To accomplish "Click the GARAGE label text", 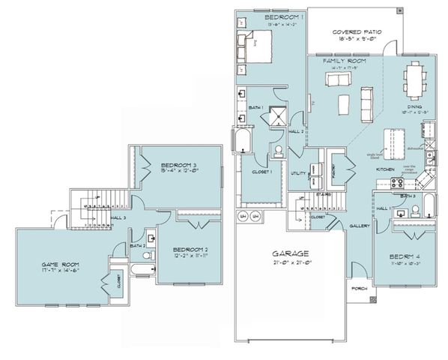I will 288,253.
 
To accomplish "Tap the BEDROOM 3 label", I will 179,165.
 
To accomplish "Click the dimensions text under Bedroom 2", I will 190,256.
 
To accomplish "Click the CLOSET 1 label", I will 261,172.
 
